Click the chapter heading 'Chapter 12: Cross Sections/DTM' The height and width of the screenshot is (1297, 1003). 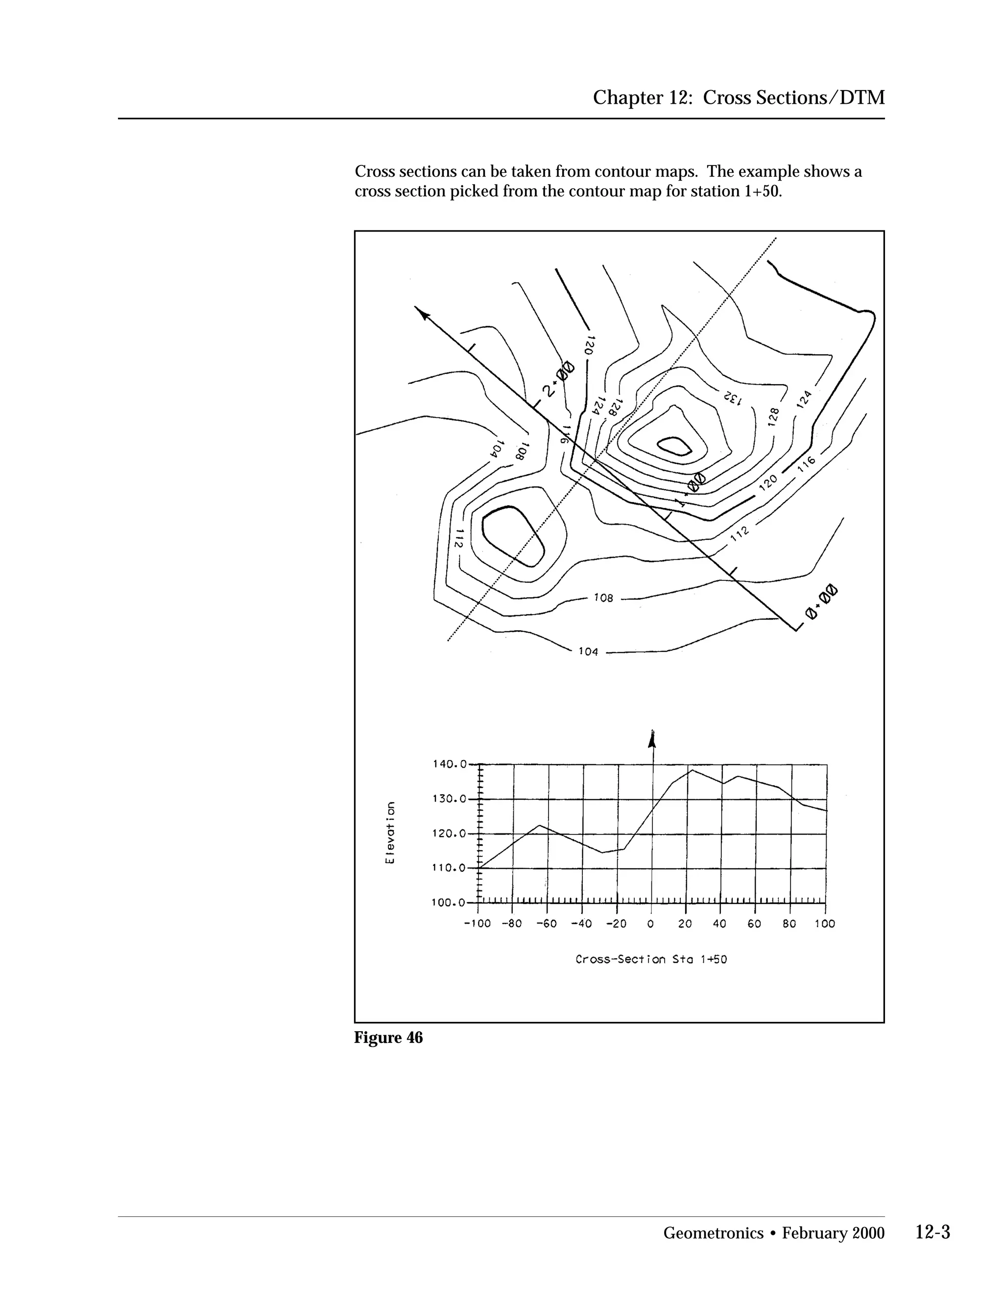pyautogui.click(x=739, y=97)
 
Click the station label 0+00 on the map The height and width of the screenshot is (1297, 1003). pyautogui.click(x=821, y=602)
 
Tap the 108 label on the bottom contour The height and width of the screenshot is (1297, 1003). pyautogui.click(x=603, y=598)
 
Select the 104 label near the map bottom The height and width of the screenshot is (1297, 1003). pyautogui.click(x=588, y=651)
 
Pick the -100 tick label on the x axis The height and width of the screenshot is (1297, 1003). pyautogui.click(x=477, y=924)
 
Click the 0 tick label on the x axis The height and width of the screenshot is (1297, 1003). pyautogui.click(x=651, y=924)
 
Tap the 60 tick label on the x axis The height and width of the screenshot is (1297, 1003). pyautogui.click(x=755, y=924)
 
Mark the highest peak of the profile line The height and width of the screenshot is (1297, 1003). pyautogui.click(x=692, y=770)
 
